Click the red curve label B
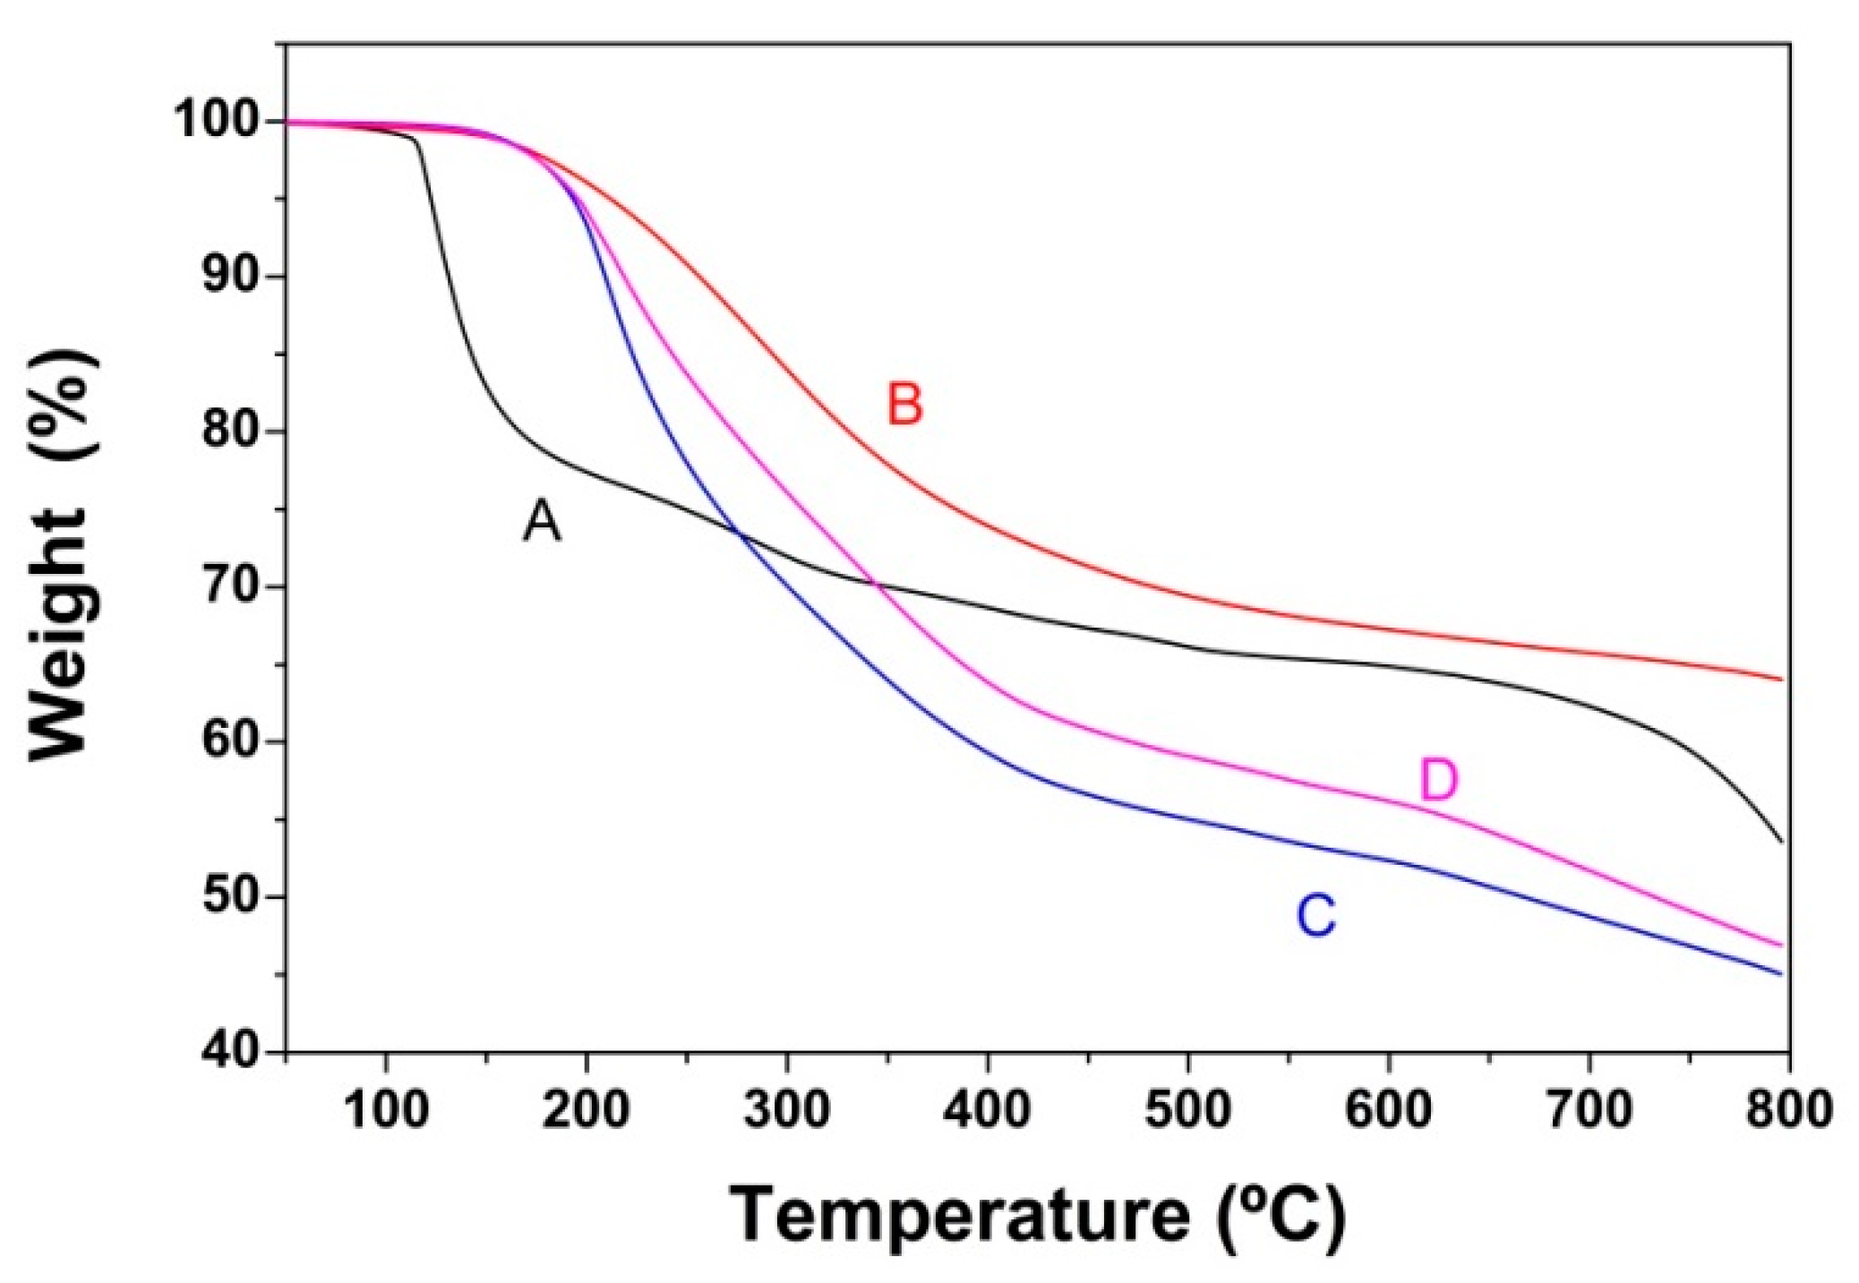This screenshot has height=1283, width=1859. point(904,404)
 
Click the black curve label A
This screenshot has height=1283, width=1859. point(542,521)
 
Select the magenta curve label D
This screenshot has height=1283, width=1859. point(1439,781)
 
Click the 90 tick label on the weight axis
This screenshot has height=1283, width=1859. point(231,277)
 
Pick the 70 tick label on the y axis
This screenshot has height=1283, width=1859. point(231,587)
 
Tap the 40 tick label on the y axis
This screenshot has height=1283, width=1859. point(231,1051)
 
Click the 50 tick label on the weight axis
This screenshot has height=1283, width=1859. point(231,897)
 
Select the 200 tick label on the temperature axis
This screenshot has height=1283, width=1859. point(587,1110)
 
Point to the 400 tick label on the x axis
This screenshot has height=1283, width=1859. point(988,1110)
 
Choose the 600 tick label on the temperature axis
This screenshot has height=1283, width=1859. point(1389,1110)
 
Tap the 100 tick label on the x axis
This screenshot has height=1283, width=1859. point(386,1110)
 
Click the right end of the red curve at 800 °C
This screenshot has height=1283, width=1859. point(1781,680)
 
